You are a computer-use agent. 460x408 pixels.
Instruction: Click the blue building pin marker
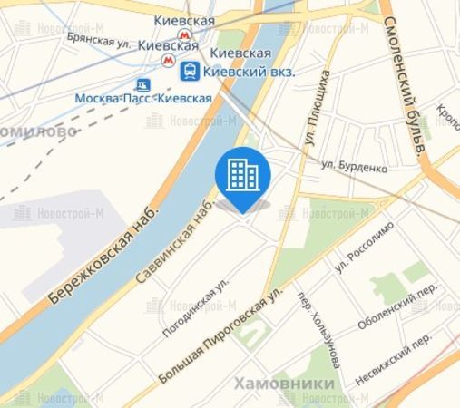tap(243, 173)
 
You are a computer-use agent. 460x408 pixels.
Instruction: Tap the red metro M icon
tap(168, 60)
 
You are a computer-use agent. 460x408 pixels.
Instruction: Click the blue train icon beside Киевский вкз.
tap(191, 70)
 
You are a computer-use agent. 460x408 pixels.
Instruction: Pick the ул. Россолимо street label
tap(355, 255)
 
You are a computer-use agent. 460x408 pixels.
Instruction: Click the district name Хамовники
tap(284, 384)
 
